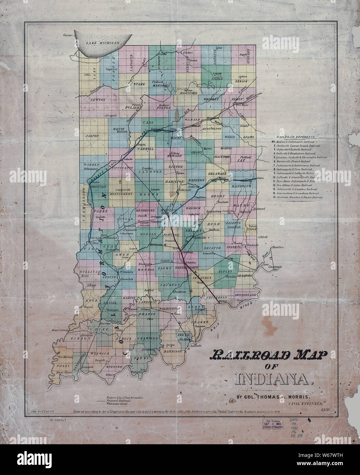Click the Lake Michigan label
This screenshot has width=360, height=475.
102,43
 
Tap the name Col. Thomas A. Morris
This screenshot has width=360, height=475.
273,397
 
